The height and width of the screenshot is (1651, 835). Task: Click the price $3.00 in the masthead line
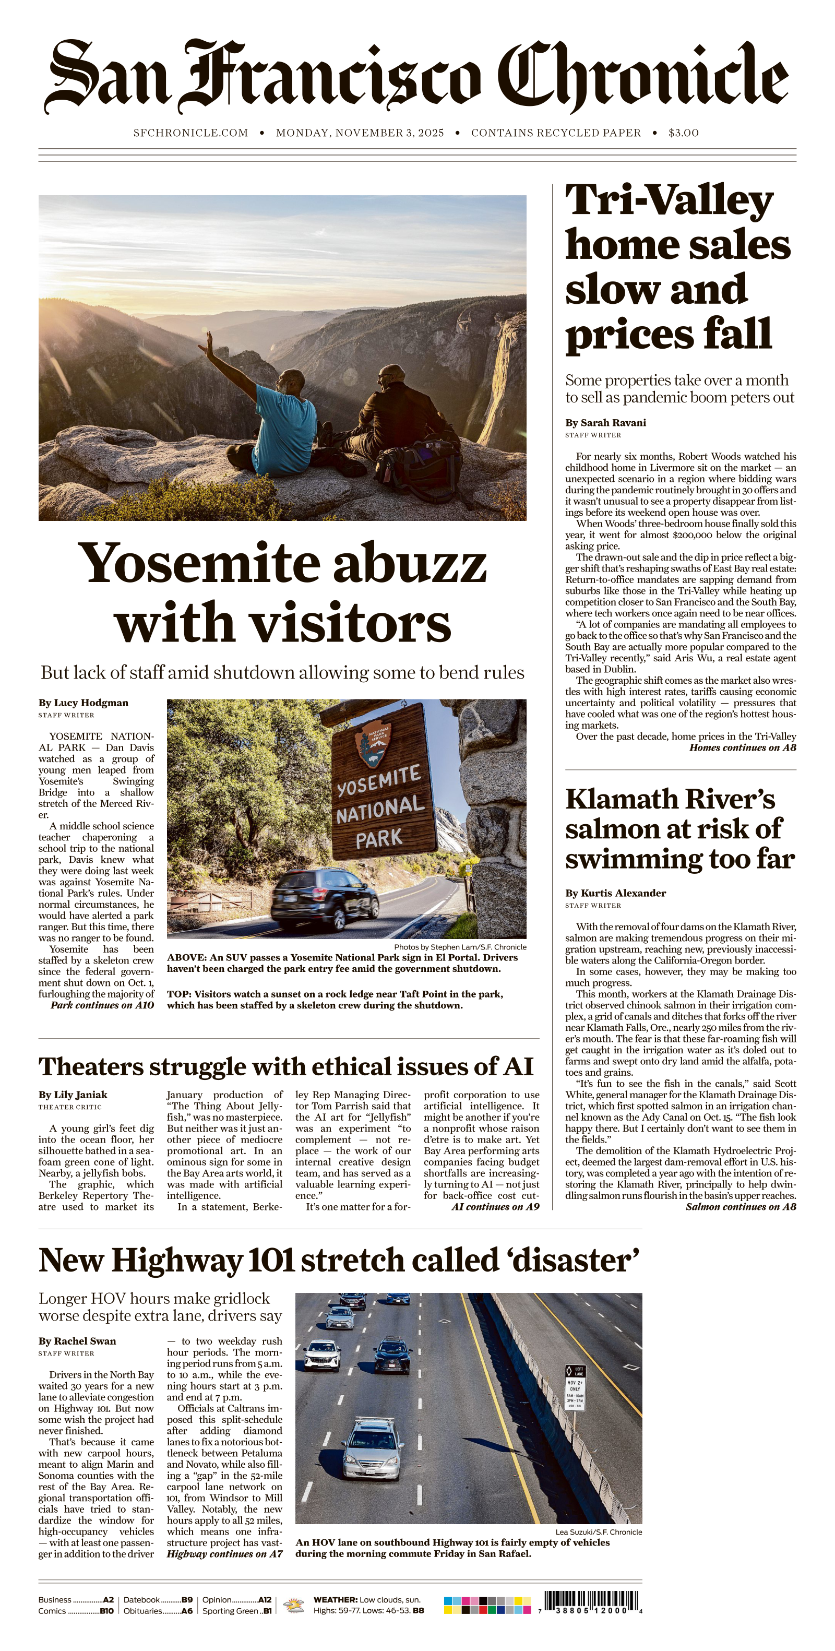[683, 133]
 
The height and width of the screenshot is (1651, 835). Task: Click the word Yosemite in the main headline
[199, 563]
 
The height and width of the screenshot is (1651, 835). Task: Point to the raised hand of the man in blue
[208, 344]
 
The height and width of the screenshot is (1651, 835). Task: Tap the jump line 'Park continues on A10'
[102, 1005]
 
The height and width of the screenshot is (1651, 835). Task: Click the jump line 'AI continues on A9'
[495, 1207]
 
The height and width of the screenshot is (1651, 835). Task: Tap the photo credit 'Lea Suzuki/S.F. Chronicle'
[598, 1532]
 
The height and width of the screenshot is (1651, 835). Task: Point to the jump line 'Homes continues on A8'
[742, 747]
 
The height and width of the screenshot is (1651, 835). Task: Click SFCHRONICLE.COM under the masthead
[190, 133]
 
